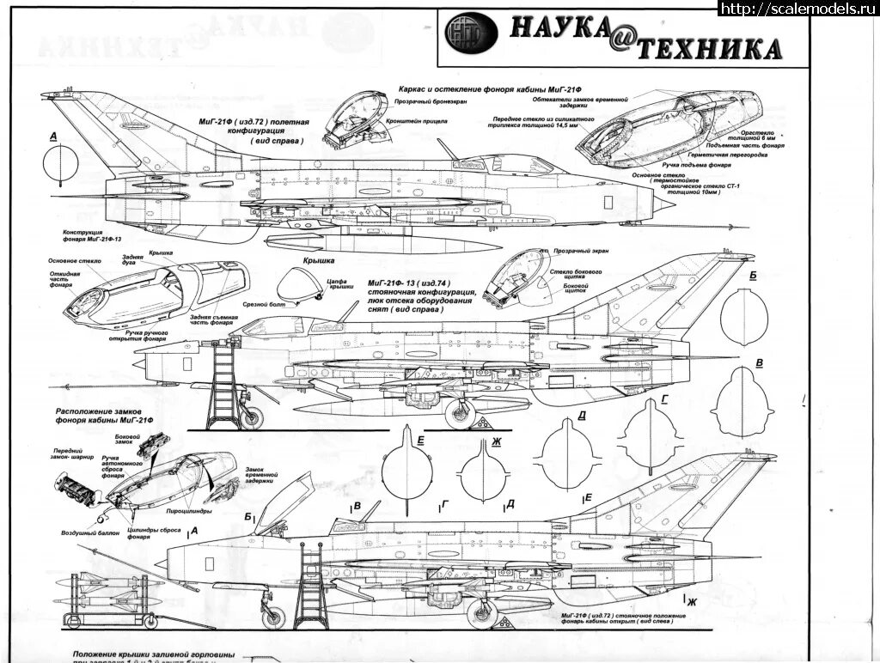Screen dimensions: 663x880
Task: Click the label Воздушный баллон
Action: click(x=84, y=533)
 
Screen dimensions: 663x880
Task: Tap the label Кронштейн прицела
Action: click(x=422, y=122)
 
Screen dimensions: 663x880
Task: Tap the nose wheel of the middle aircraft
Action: click(x=252, y=417)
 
